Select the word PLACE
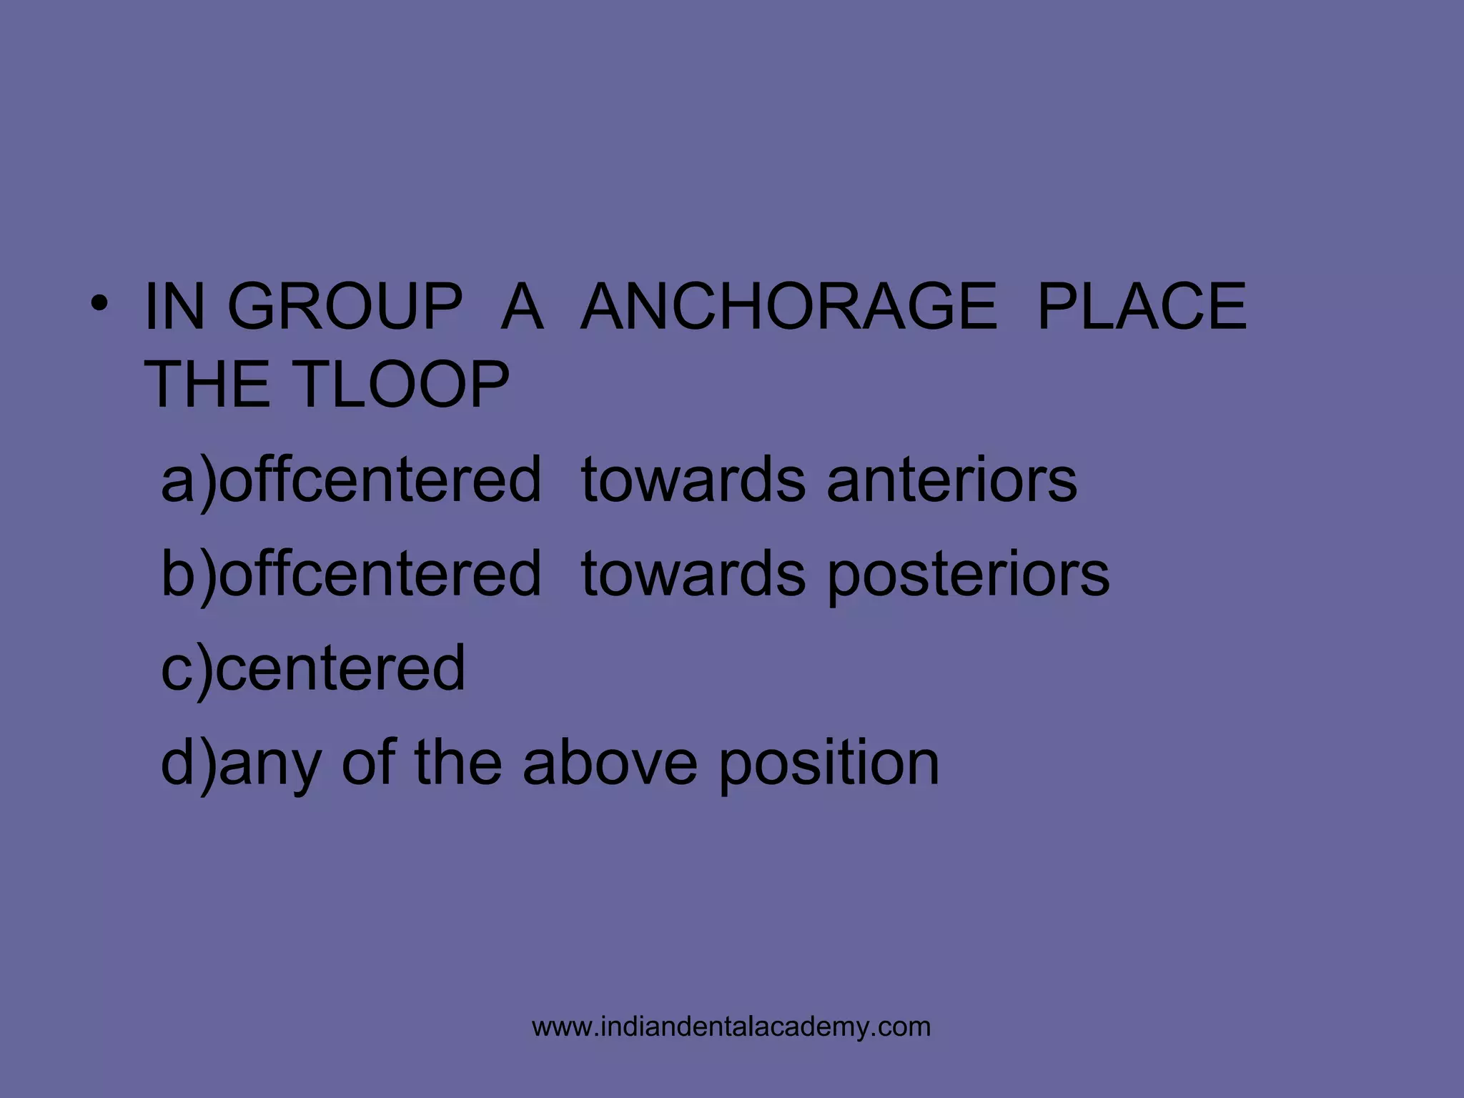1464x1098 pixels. pos(1142,307)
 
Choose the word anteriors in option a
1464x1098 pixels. pos(951,480)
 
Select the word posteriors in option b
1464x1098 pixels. pos(968,575)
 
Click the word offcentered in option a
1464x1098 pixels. pos(380,480)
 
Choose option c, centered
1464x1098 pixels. pos(313,668)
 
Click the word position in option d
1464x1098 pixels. pos(829,764)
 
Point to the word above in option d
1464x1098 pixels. pos(610,763)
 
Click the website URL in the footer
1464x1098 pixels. pos(731,1027)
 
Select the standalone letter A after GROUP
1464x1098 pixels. pos(522,307)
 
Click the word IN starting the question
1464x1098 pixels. pos(174,307)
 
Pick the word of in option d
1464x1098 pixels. pos(368,763)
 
